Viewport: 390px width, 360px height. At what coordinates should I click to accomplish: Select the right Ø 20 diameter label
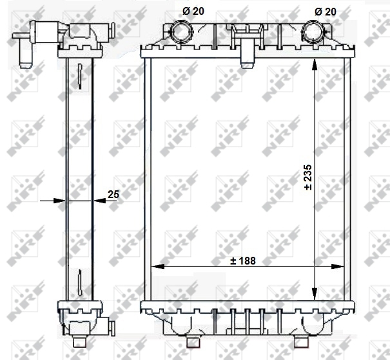[x=326, y=12]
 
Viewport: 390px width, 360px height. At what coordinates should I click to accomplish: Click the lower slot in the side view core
[x=78, y=281]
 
